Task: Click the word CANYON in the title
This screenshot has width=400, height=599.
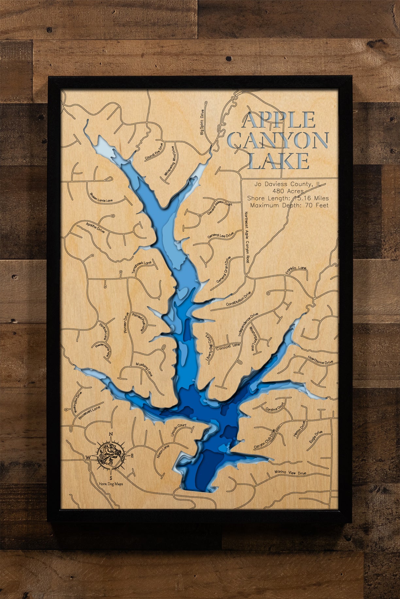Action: [278, 140]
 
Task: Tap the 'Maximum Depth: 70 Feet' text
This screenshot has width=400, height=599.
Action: [289, 205]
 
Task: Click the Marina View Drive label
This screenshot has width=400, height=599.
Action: [290, 472]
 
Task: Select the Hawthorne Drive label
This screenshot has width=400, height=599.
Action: [320, 360]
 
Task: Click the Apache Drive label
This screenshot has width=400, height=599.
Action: [95, 227]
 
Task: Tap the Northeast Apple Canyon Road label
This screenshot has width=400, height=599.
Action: [247, 237]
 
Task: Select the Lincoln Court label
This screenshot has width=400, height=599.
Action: [178, 430]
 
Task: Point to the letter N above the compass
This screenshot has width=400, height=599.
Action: [111, 434]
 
